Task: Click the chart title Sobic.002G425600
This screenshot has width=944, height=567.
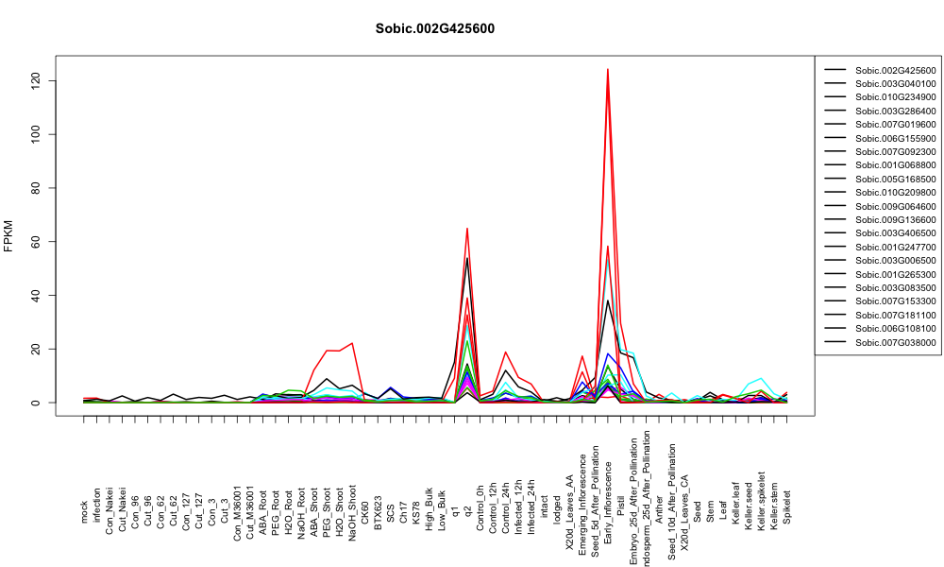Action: (434, 28)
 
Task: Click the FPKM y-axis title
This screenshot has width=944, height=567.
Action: (8, 235)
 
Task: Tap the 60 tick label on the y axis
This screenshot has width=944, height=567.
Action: (36, 241)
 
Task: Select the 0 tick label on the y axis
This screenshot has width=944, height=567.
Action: (36, 403)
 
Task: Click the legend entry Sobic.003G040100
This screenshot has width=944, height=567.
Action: (895, 84)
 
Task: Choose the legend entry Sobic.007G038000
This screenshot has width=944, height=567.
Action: (895, 342)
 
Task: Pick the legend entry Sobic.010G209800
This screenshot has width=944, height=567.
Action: (895, 193)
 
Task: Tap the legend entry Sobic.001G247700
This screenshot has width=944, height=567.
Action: (895, 247)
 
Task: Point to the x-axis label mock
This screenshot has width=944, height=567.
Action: (84, 512)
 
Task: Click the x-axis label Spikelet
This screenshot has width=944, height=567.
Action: (787, 507)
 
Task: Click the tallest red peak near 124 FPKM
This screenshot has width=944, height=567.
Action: (607, 69)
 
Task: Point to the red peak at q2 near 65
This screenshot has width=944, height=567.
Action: (467, 228)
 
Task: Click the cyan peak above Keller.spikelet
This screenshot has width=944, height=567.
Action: (761, 378)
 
